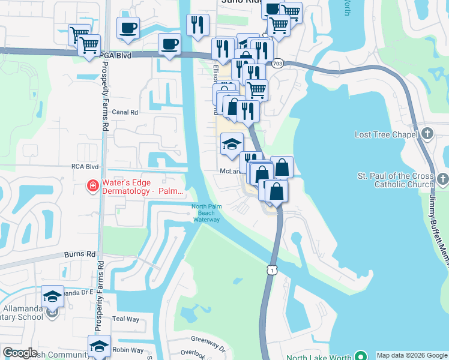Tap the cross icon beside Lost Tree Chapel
[427, 133]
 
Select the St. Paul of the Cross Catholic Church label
[395, 180]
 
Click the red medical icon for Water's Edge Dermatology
[93, 187]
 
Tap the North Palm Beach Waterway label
[206, 214]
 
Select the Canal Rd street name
[125, 112]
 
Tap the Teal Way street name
[126, 319]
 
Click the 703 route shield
[277, 62]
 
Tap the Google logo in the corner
[20, 353]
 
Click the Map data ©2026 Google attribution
[412, 355]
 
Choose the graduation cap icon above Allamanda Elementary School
[52, 296]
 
